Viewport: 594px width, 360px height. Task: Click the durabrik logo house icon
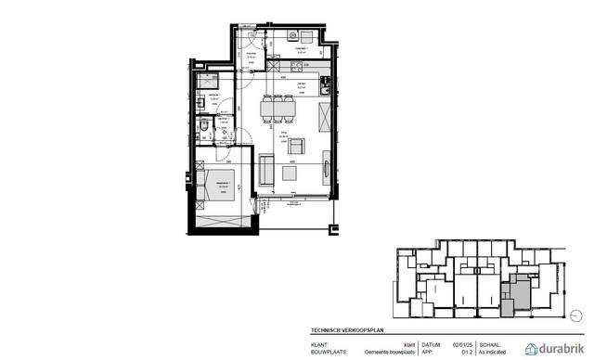click(534, 348)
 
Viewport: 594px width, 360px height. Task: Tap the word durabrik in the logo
click(562, 348)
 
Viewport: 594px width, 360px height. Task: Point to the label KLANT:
click(320, 344)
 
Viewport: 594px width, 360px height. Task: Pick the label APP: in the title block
click(428, 353)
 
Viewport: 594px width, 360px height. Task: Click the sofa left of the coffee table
click(265, 171)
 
